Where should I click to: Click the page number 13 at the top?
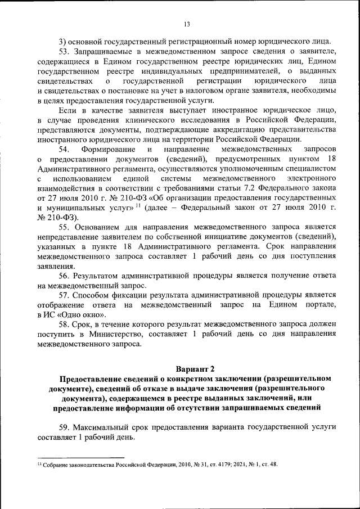[x=187, y=23]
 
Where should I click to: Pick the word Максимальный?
[x=103, y=427]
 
